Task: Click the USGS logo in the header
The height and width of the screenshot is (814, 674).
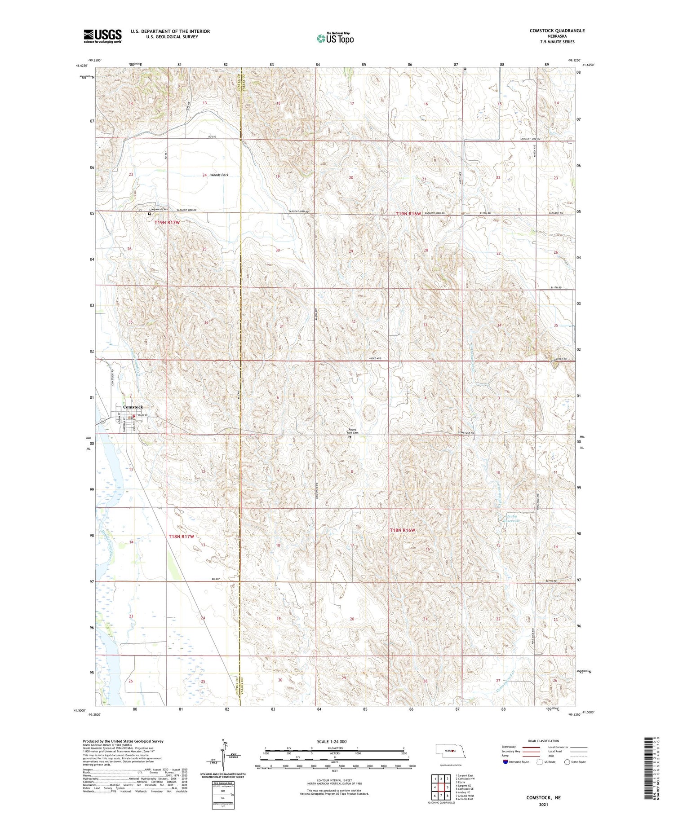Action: pos(102,36)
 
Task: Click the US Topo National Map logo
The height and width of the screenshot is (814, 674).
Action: pos(335,38)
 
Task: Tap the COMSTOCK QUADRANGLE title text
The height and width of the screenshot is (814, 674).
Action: pos(552,31)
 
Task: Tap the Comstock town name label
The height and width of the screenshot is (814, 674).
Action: pos(133,407)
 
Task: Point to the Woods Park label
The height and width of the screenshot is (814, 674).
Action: pos(218,175)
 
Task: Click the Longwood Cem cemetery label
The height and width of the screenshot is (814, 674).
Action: pos(158,209)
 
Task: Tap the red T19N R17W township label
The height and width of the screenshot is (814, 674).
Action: pos(167,223)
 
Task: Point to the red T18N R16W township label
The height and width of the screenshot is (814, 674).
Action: pos(403,530)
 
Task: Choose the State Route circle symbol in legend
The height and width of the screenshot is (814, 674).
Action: pos(567,762)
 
